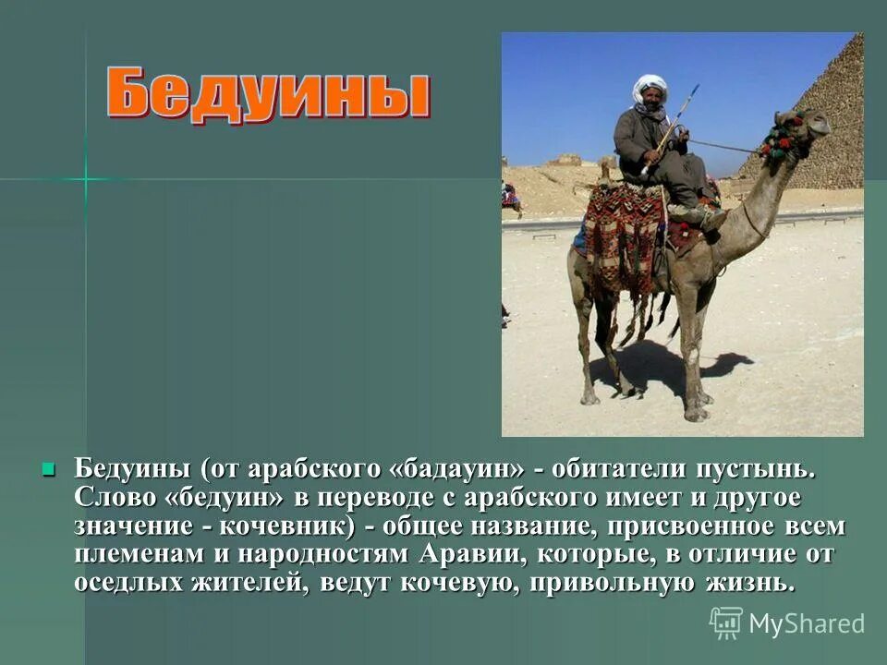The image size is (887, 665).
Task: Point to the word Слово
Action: [115, 498]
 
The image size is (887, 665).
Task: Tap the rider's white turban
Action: [650, 88]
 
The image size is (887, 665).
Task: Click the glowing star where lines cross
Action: [86, 178]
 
